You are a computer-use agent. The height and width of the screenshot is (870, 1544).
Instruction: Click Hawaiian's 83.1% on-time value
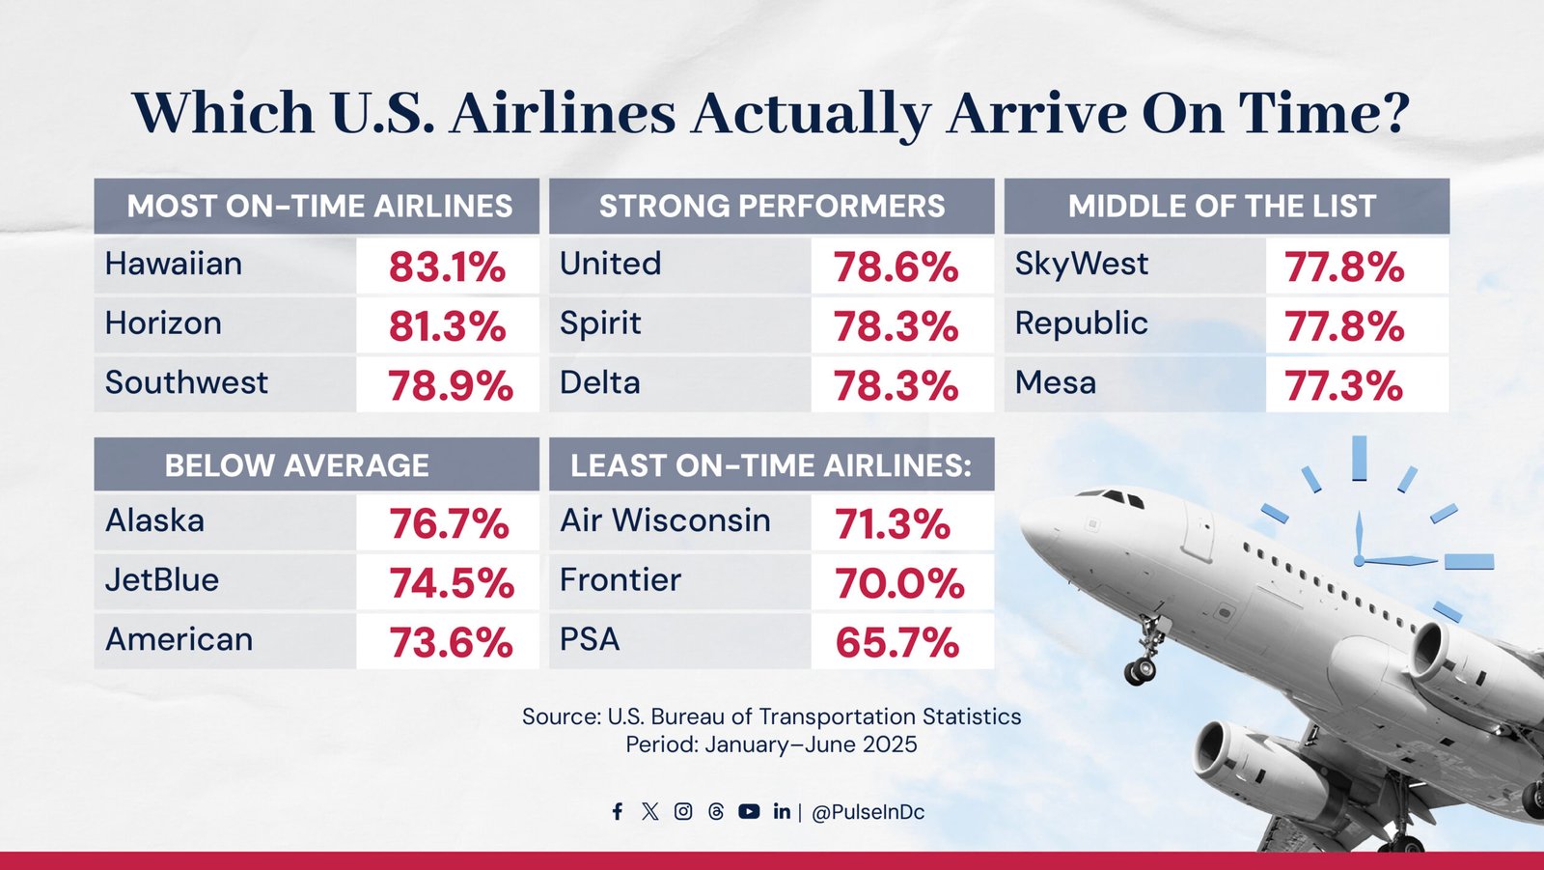(x=447, y=267)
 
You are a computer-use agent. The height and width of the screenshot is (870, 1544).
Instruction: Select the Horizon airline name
(x=163, y=323)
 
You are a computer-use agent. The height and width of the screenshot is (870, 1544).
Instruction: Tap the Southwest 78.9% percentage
(x=450, y=386)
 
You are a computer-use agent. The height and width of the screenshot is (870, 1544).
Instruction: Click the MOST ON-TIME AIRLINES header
(x=319, y=207)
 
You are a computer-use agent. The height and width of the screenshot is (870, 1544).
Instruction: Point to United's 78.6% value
(x=896, y=267)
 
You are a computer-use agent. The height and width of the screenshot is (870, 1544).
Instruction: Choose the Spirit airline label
(x=600, y=323)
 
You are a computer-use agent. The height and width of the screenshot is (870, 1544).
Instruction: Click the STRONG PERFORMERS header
(x=772, y=207)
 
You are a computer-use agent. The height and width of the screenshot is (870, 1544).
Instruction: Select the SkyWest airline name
(x=1081, y=264)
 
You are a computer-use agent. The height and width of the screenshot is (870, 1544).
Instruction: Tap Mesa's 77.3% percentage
(x=1343, y=386)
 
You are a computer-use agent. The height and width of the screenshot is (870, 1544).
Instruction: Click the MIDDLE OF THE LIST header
(x=1222, y=207)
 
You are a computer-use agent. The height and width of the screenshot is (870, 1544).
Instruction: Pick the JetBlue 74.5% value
(x=451, y=583)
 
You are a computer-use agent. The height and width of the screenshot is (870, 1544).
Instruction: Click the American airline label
(x=179, y=639)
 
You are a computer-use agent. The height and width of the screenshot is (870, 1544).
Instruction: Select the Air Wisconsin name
(x=665, y=520)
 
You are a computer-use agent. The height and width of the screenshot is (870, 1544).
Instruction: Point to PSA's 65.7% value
(x=896, y=643)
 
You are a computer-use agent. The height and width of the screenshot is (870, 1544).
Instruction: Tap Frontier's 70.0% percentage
(x=898, y=583)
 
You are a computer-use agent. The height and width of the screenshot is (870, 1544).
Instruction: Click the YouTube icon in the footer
(x=749, y=812)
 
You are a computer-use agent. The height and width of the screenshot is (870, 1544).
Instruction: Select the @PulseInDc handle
(x=868, y=813)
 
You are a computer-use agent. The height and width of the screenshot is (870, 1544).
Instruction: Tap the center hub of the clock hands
(x=1359, y=560)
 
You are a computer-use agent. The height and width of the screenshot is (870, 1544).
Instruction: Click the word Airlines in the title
(x=562, y=113)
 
